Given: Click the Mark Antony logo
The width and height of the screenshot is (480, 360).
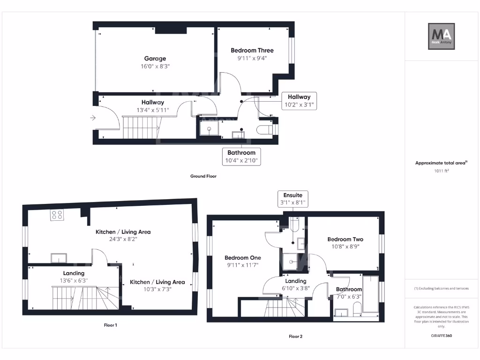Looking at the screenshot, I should pyautogui.click(x=442, y=37).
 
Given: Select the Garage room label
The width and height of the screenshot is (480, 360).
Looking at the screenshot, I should pyautogui.click(x=155, y=59).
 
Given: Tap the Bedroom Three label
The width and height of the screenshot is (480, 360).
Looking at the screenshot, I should pyautogui.click(x=252, y=51).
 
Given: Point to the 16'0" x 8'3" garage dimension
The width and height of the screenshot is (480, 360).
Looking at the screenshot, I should pyautogui.click(x=155, y=67).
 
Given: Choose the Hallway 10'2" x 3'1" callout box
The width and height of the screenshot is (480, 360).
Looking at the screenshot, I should pyautogui.click(x=299, y=101).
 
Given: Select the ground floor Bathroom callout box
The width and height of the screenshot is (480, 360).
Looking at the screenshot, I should pyautogui.click(x=241, y=157).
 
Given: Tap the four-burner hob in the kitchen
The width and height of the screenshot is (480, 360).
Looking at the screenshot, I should pyautogui.click(x=57, y=215).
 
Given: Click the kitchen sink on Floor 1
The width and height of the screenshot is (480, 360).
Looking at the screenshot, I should pyautogui.click(x=59, y=258).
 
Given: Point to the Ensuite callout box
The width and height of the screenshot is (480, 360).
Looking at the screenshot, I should pyautogui.click(x=292, y=199).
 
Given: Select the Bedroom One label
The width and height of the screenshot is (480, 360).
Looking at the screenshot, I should pyautogui.click(x=243, y=258).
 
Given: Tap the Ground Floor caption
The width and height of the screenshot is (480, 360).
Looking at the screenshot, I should pyautogui.click(x=203, y=177).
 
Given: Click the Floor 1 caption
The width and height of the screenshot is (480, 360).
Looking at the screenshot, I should pyautogui.click(x=110, y=325).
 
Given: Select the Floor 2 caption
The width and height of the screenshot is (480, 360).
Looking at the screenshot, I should pyautogui.click(x=295, y=337).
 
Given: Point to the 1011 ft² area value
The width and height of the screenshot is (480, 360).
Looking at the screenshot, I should pyautogui.click(x=441, y=171).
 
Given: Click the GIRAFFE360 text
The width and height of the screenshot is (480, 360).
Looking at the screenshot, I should pyautogui.click(x=441, y=336).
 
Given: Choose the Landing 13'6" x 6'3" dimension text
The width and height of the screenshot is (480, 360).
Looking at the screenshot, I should pyautogui.click(x=74, y=281).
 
